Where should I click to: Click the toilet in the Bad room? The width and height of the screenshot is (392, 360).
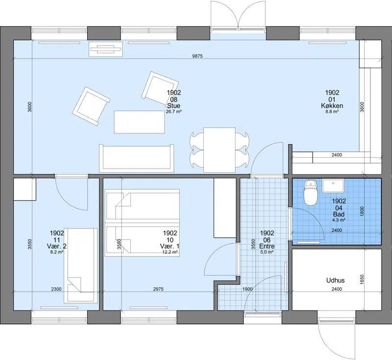pyautogui.click(x=311, y=192)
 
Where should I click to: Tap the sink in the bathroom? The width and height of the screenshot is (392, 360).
pyautogui.click(x=333, y=185)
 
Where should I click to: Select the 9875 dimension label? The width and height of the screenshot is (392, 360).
pyautogui.click(x=197, y=56)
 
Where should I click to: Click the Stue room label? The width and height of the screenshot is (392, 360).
pyautogui.click(x=174, y=106)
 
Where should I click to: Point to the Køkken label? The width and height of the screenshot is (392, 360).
pyautogui.click(x=332, y=106)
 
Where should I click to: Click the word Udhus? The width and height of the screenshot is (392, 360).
pyautogui.click(x=336, y=281)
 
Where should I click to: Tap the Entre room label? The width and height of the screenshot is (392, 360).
pyautogui.click(x=267, y=246)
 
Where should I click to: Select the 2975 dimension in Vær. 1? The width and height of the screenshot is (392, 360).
pyautogui.click(x=158, y=289)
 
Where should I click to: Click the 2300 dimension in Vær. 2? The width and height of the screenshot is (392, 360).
pyautogui.click(x=56, y=289)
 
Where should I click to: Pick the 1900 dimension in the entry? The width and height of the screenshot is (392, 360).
pyautogui.click(x=247, y=289)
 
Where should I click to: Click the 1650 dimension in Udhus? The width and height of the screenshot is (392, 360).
pyautogui.click(x=362, y=280)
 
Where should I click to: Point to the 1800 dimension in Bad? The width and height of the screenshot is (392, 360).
pyautogui.click(x=362, y=211)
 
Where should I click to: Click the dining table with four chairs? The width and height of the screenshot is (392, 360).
pyautogui.click(x=219, y=150)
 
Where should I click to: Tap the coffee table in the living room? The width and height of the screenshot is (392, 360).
pyautogui.click(x=139, y=122)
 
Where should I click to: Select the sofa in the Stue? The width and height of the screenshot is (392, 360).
pyautogui.click(x=137, y=158)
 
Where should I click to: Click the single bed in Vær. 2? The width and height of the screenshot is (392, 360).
pyautogui.click(x=81, y=265)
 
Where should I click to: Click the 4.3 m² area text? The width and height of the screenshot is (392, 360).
pyautogui.click(x=339, y=220)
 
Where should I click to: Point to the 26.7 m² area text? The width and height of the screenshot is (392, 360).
pyautogui.click(x=174, y=111)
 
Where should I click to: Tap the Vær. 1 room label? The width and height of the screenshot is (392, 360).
pyautogui.click(x=170, y=246)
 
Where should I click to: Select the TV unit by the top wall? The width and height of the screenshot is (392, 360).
pyautogui.click(x=106, y=49)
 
